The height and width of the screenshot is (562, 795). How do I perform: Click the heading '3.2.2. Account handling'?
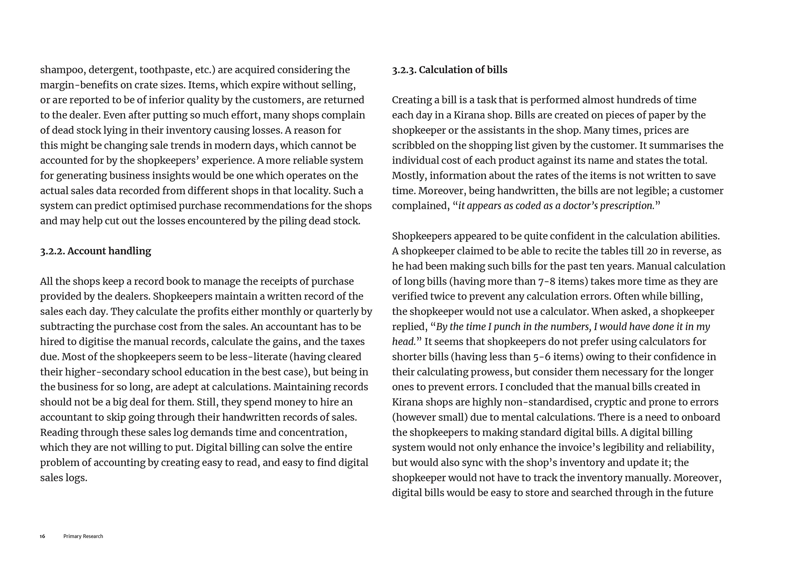95,251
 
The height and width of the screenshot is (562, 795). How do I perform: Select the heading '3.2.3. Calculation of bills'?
450,70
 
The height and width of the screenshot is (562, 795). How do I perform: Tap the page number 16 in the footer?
43,536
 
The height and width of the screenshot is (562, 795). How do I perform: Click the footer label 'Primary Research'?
83,536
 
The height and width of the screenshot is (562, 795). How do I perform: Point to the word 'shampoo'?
62,70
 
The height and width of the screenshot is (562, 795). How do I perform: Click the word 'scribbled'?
414,145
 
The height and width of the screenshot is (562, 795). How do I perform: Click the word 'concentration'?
312,432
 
